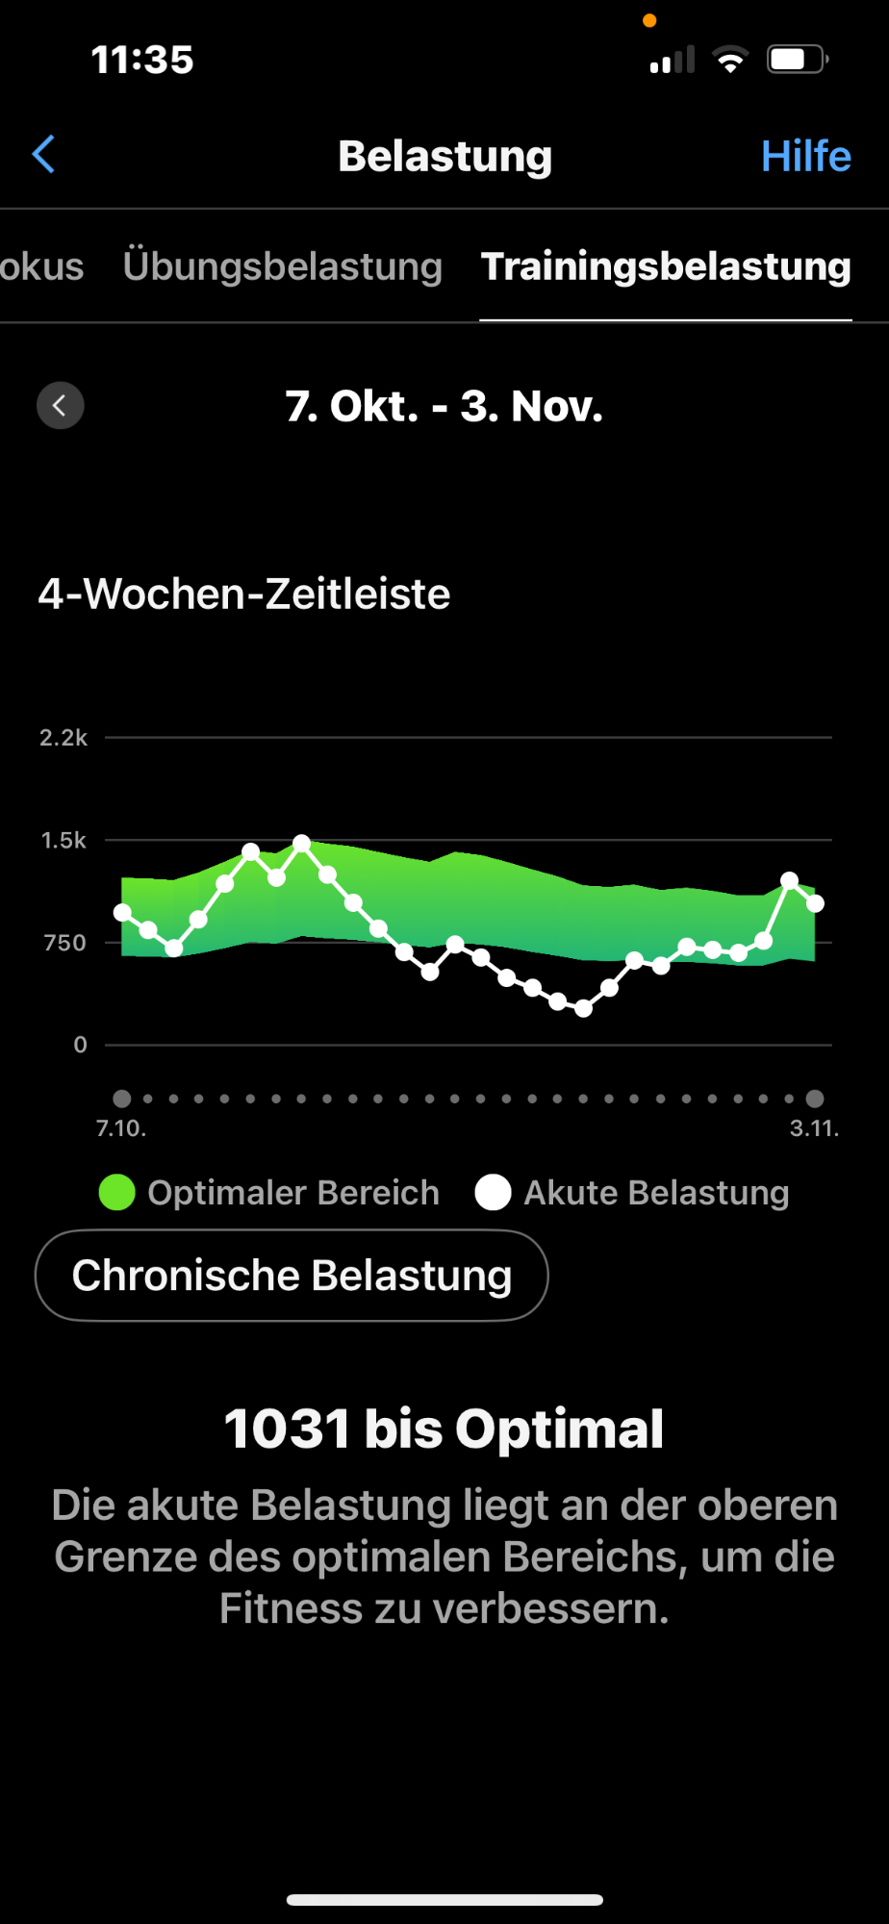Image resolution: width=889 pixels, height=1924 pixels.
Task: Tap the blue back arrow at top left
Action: coord(44,154)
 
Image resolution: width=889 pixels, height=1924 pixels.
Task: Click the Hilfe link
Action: coord(805,156)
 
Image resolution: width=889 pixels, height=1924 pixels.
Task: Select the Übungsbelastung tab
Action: coord(282,266)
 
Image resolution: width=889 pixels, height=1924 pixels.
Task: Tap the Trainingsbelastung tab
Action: coord(666,266)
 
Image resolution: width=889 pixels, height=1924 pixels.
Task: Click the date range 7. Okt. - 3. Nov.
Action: coord(444,406)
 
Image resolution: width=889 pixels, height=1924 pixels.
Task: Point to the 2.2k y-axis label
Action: coord(63,738)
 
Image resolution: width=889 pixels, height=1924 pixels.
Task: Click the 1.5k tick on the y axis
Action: coord(63,841)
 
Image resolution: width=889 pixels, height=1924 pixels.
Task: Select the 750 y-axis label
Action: coord(65,943)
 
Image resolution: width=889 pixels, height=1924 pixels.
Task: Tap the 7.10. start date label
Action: coord(121,1128)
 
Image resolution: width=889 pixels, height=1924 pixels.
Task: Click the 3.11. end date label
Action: coord(814,1128)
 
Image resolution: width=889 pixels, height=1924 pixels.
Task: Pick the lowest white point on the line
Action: coord(583,1008)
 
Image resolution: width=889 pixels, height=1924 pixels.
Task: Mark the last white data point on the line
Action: coord(815,903)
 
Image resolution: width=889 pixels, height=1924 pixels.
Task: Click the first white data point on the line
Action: coord(122,912)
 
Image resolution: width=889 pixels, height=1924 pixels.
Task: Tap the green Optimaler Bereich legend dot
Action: coord(117,1193)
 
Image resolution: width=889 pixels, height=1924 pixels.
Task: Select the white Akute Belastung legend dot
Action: coord(493,1193)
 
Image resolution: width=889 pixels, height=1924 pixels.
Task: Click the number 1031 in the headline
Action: coord(287,1429)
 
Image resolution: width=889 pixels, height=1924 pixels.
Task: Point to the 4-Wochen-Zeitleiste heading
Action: coord(244,595)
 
